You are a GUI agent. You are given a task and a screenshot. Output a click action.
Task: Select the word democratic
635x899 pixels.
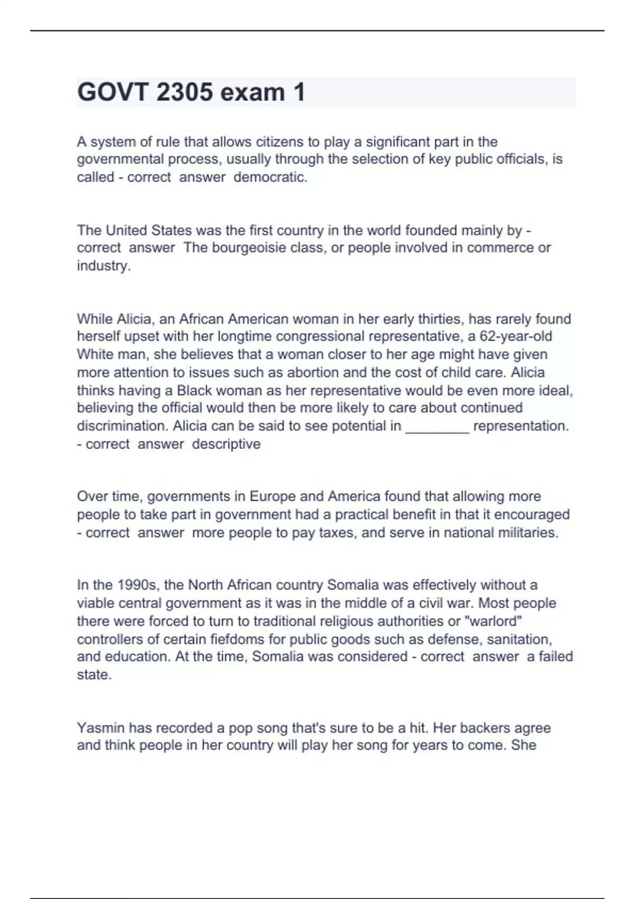(270, 177)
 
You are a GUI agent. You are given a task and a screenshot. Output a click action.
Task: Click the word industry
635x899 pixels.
(103, 266)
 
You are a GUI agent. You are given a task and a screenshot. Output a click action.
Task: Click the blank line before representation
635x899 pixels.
(437, 426)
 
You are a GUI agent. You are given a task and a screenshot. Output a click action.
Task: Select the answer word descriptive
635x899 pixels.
(226, 444)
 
